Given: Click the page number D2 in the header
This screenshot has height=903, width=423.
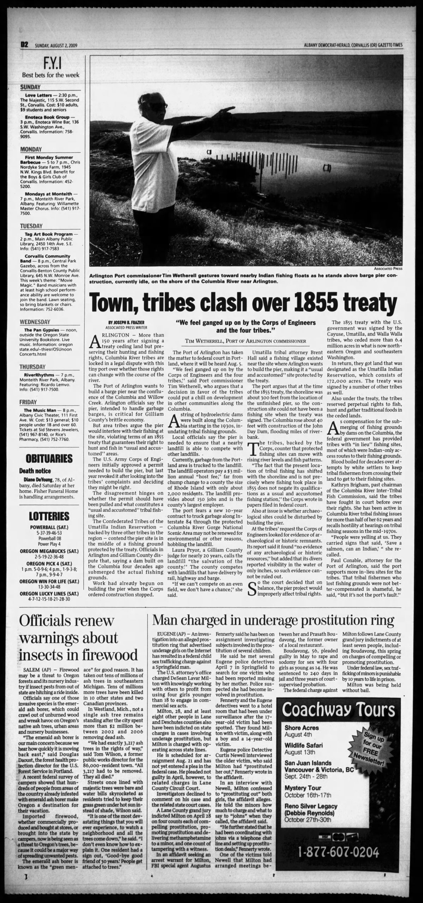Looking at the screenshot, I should (24, 45).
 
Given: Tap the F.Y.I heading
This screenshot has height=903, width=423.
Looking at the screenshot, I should (51, 64).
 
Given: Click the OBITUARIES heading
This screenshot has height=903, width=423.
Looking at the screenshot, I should (49, 459).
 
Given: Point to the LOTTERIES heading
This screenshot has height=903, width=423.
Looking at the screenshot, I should (49, 516).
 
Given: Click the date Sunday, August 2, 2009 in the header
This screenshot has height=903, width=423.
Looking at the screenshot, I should (56, 45).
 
